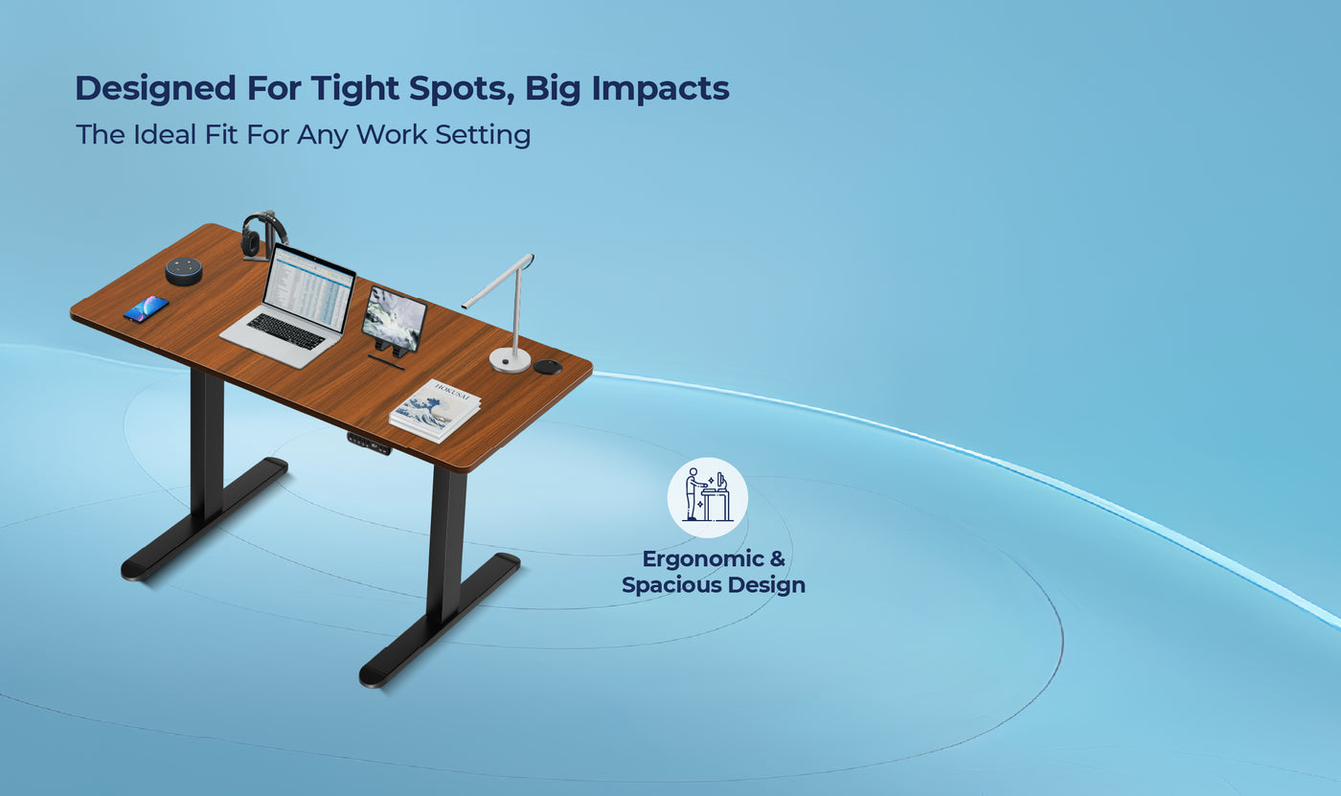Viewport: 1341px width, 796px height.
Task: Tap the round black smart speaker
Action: [184, 270]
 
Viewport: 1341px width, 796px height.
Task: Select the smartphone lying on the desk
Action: [146, 308]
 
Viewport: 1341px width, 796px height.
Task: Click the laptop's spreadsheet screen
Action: [307, 287]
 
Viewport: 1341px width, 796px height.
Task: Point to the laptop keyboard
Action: [285, 331]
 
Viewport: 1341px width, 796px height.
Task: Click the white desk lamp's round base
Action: [510, 359]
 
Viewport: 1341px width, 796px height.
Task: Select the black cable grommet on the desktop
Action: [547, 367]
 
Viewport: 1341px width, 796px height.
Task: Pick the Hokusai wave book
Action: [436, 410]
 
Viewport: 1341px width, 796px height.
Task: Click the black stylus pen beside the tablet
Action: [386, 362]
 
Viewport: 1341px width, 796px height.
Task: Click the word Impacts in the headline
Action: [660, 88]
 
